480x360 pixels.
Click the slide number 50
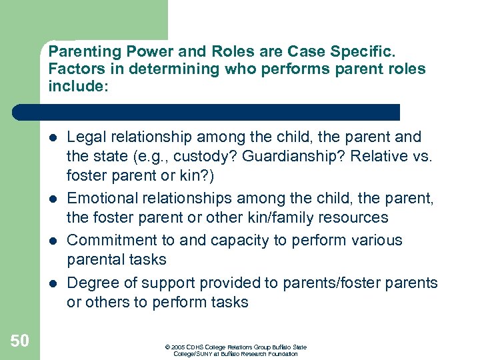19,341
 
